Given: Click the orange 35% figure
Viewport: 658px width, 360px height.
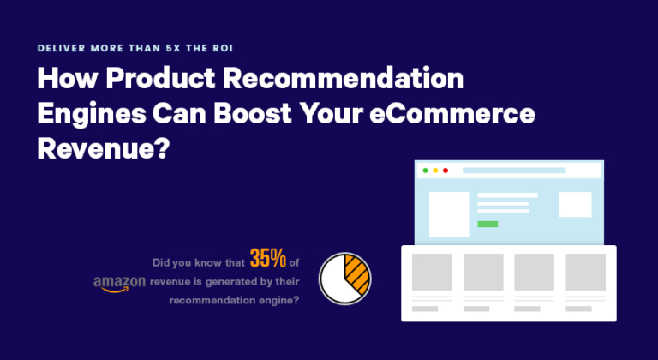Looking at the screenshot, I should (x=267, y=258).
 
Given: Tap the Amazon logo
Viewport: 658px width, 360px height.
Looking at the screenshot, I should (x=119, y=284).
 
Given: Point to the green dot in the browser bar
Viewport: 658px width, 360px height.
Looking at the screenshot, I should (x=425, y=171).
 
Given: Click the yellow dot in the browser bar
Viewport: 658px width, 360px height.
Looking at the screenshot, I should (x=435, y=171).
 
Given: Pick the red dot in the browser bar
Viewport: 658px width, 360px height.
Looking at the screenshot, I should (x=446, y=171).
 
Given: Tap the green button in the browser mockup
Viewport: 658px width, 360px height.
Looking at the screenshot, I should (x=488, y=224).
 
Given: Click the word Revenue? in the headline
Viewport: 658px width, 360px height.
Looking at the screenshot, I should (x=103, y=148).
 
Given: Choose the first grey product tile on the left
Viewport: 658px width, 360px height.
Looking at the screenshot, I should (x=432, y=272).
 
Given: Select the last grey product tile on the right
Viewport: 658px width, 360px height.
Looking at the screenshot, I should (x=585, y=272).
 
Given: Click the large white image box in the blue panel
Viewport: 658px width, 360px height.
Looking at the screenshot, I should (x=449, y=214).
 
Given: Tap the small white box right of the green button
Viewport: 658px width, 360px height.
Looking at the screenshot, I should (x=575, y=204).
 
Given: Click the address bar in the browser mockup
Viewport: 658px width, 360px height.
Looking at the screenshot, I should (x=514, y=171).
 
